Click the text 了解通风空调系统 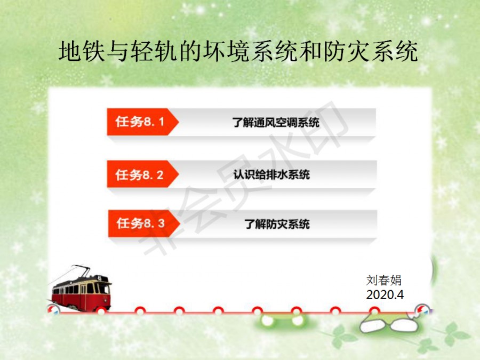[x=276, y=122]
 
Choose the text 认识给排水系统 [x=271, y=174]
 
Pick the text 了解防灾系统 [x=277, y=224]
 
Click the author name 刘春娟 [x=383, y=280]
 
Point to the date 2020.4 [x=385, y=294]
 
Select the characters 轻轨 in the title [x=154, y=51]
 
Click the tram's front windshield [x=103, y=289]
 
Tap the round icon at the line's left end [x=54, y=310]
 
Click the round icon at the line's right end [x=422, y=310]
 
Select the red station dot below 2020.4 [x=374, y=311]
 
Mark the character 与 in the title [x=118, y=51]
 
